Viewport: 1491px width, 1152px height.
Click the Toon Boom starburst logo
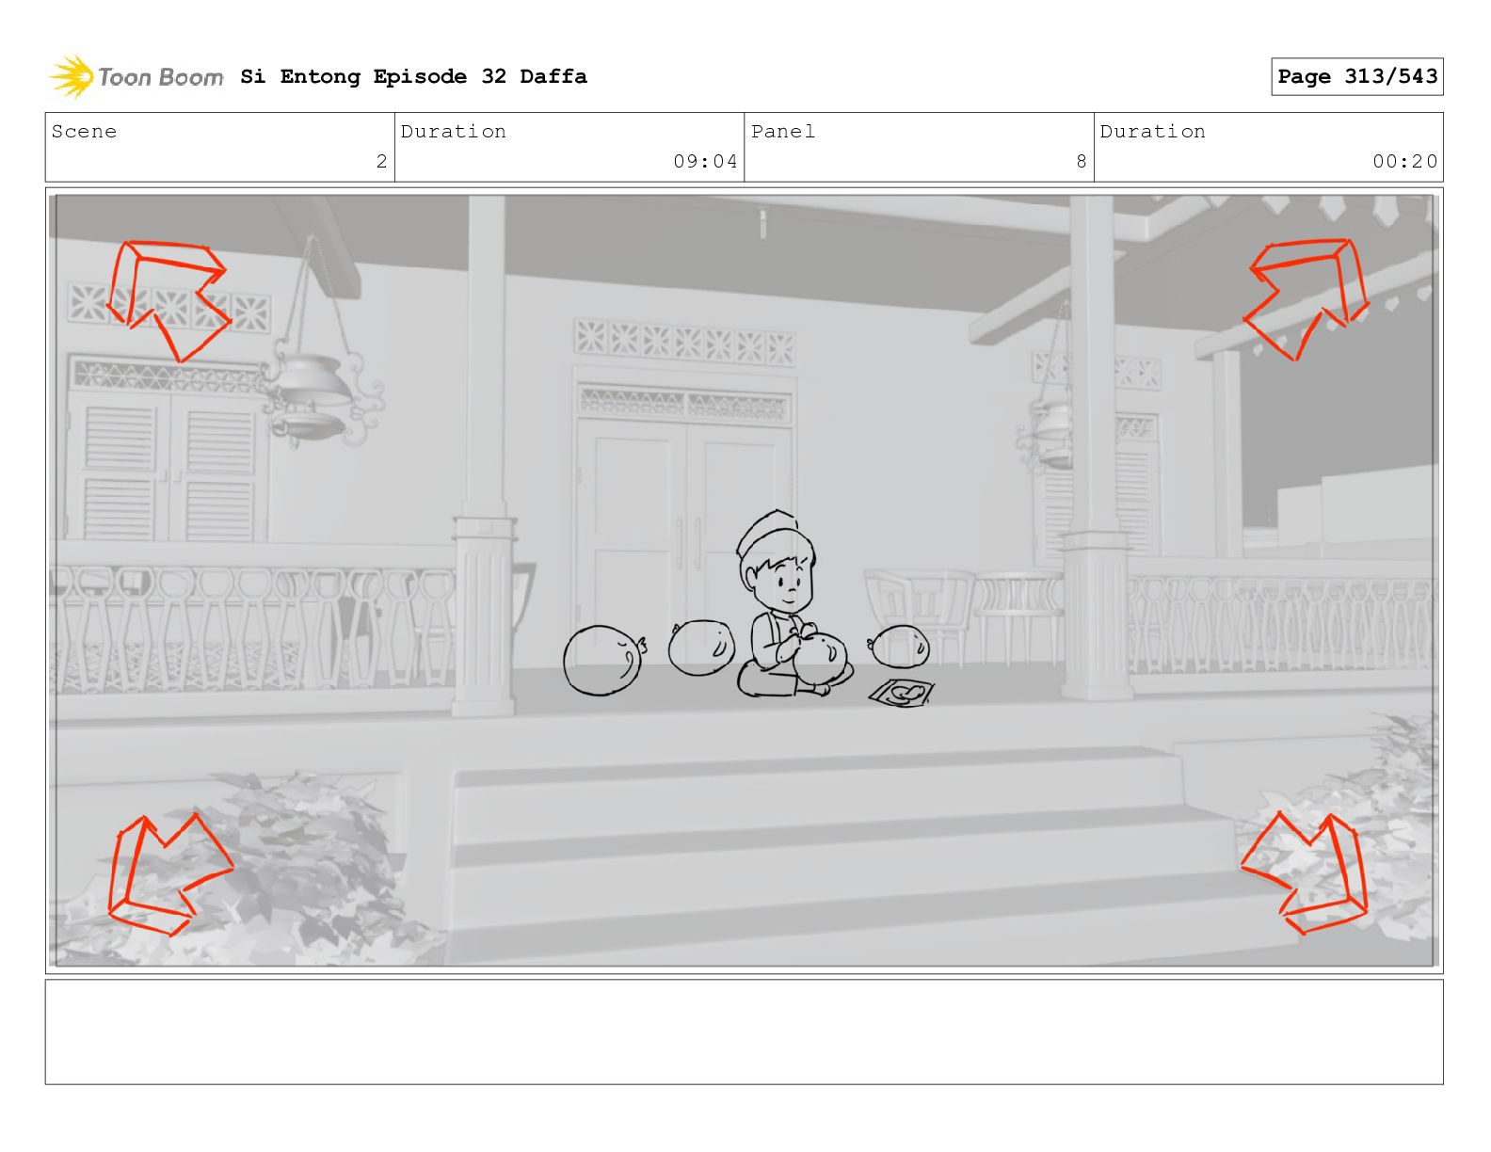click(x=72, y=76)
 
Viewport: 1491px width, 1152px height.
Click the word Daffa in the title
click(x=553, y=76)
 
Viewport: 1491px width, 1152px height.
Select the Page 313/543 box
click(x=1356, y=76)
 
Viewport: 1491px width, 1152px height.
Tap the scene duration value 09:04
click(x=705, y=161)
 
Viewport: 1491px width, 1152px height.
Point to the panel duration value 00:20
click(x=1403, y=161)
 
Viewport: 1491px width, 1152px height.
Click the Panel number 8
click(x=1081, y=161)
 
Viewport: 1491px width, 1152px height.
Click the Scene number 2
click(x=381, y=161)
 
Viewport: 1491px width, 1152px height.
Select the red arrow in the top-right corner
click(x=1306, y=297)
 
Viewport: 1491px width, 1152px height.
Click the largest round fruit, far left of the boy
click(x=603, y=660)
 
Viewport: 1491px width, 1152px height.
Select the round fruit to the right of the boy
click(x=899, y=646)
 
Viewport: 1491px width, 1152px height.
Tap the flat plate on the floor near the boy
click(x=902, y=693)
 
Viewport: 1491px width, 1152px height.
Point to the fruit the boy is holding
click(x=821, y=657)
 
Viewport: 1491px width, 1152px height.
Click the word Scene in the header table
click(x=84, y=131)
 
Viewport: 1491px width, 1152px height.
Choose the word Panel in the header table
click(x=783, y=131)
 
